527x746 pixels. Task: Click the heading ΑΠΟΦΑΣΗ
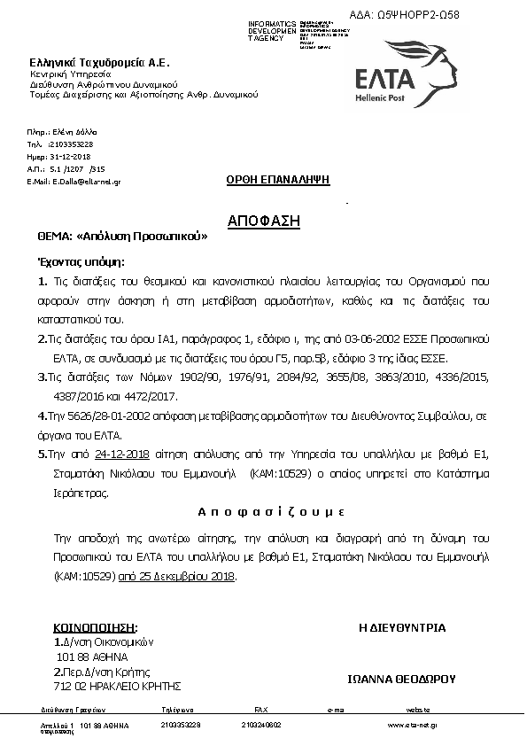click(x=264, y=220)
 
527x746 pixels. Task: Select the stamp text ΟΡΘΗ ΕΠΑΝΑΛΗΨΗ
click(x=277, y=179)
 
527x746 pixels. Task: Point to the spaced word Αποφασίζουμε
click(x=263, y=513)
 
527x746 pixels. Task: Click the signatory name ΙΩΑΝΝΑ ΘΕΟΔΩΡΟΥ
click(x=401, y=680)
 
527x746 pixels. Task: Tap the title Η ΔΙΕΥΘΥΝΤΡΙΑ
click(x=401, y=627)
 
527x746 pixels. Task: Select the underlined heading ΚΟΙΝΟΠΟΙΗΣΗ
click(x=96, y=626)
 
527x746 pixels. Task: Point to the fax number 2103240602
click(x=260, y=725)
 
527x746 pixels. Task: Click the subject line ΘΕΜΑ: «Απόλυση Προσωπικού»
click(x=122, y=237)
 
